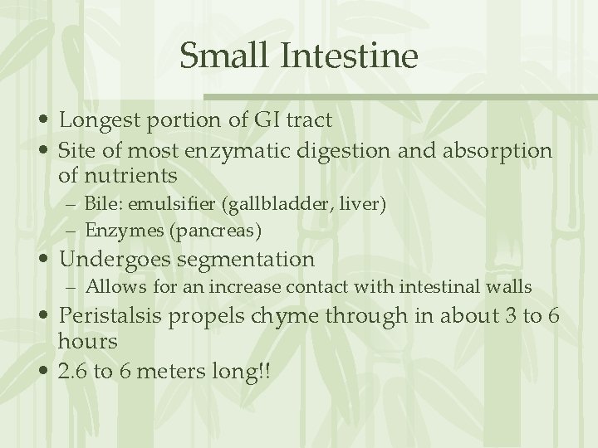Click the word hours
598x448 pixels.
pyautogui.click(x=88, y=341)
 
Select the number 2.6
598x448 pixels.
pyautogui.click(x=73, y=371)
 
